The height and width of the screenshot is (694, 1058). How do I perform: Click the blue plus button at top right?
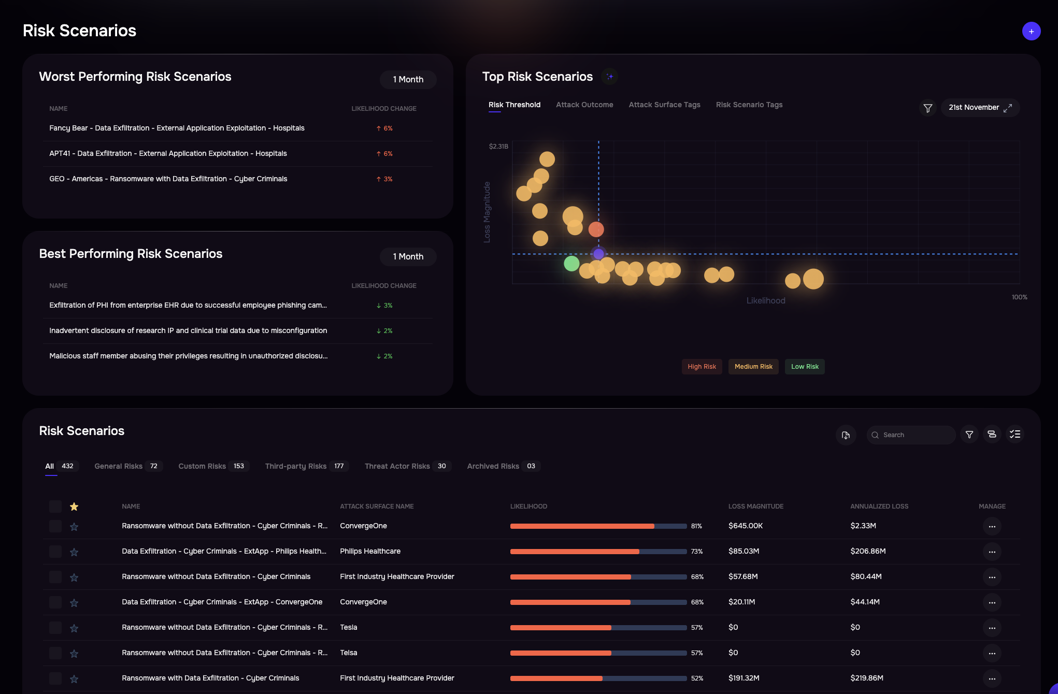coord(1031,32)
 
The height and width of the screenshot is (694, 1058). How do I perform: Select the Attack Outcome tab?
coord(584,105)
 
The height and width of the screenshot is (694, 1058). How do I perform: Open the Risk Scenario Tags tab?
coord(749,105)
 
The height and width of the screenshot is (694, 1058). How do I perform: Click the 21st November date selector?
coord(979,108)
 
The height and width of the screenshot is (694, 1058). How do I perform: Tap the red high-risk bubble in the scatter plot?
coord(596,229)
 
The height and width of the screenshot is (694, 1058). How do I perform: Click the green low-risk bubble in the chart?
coord(571,264)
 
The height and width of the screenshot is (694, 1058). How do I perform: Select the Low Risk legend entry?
coord(804,367)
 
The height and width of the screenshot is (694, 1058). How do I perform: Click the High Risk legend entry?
coord(702,367)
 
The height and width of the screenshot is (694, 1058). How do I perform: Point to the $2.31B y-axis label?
coord(498,147)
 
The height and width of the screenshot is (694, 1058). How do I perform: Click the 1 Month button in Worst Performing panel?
coord(408,80)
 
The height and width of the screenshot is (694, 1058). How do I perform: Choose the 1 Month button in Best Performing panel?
coord(408,257)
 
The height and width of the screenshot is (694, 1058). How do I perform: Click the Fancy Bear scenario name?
coord(177,128)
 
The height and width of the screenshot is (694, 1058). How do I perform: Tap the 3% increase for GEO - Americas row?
coord(384,179)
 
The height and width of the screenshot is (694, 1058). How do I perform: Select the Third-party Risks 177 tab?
coord(306,466)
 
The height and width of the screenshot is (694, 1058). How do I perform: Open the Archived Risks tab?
coord(503,466)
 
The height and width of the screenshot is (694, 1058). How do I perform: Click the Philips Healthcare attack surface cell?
coord(370,551)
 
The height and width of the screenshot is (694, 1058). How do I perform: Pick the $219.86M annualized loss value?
coord(866,678)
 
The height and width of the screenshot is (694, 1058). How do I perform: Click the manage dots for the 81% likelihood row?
coord(992,526)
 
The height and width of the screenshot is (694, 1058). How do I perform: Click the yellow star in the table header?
coord(74,507)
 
